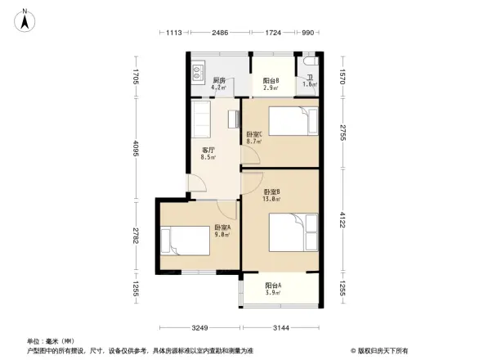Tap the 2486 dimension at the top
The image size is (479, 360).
pyautogui.click(x=218, y=32)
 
